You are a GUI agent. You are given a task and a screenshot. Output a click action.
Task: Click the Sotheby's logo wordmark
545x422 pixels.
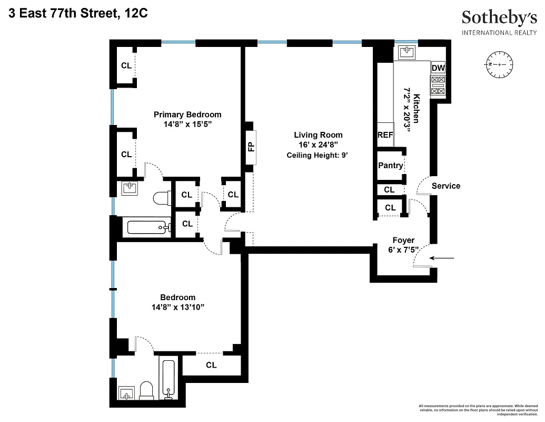[x=499, y=18]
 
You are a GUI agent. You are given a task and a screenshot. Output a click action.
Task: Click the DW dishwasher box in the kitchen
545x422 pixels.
[x=438, y=68]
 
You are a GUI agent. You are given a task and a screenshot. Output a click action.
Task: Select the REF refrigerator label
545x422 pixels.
[x=385, y=135]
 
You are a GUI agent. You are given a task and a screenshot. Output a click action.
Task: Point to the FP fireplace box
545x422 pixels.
[x=251, y=147]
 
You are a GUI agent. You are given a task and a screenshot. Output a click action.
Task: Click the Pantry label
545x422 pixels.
[x=390, y=165]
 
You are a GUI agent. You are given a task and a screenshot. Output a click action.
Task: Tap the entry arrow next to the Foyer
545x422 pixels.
[x=441, y=258]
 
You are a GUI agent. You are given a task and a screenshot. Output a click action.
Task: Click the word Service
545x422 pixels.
[x=445, y=186]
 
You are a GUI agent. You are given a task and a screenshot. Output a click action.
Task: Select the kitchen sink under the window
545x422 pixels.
[x=406, y=52]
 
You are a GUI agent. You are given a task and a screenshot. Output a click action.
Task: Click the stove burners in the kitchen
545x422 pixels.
[x=438, y=86]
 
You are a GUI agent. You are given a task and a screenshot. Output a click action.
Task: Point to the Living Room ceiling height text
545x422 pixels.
[x=318, y=155]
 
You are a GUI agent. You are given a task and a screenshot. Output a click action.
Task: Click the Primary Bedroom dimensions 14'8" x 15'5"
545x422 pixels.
[x=187, y=124]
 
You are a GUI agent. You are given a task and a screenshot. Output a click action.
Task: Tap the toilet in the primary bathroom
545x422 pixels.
[x=161, y=199]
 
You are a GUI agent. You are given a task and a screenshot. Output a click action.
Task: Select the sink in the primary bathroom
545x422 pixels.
[x=130, y=187]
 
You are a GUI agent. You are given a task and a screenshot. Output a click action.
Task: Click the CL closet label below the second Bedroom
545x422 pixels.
[x=211, y=365]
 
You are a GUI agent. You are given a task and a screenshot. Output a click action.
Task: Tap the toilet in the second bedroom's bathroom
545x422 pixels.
[x=148, y=390]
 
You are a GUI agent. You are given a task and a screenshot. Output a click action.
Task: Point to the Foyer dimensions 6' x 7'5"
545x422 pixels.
[x=403, y=250]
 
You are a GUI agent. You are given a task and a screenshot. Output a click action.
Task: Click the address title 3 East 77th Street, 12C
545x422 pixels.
[x=78, y=14]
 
